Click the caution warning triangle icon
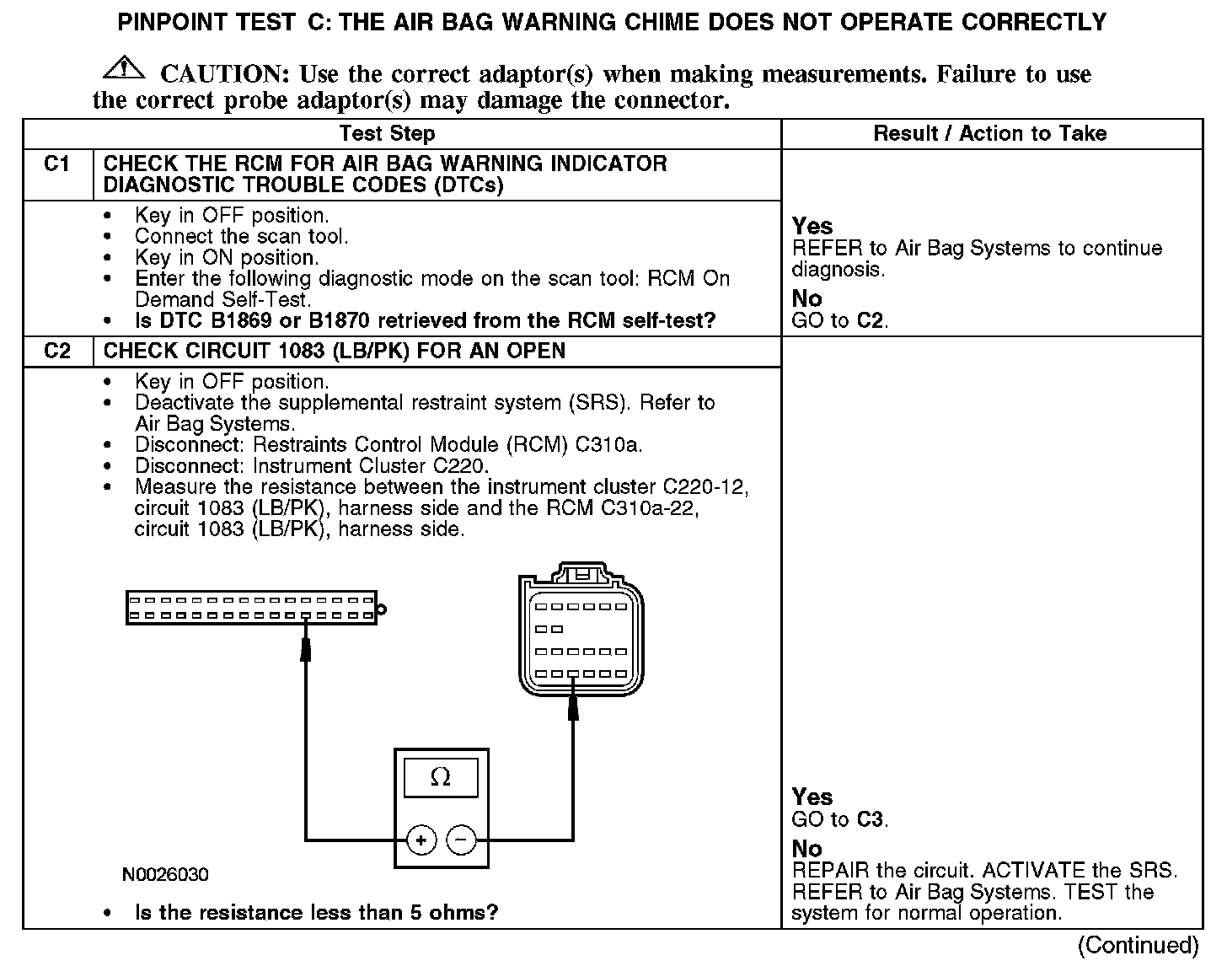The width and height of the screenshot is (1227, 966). pyautogui.click(x=124, y=67)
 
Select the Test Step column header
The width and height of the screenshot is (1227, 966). pyautogui.click(x=387, y=134)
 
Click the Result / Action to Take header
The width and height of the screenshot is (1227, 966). pyautogui.click(x=990, y=133)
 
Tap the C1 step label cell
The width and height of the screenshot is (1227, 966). pyautogui.click(x=56, y=164)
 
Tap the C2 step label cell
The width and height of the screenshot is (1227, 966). pyautogui.click(x=56, y=351)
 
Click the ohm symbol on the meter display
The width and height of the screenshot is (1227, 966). pyautogui.click(x=440, y=776)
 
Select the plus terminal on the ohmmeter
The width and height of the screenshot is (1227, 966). pyautogui.click(x=421, y=840)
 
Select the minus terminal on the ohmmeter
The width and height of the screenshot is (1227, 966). pyautogui.click(x=460, y=840)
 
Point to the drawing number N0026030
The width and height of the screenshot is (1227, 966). pyautogui.click(x=165, y=874)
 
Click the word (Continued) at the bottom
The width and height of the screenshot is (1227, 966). pyautogui.click(x=1138, y=945)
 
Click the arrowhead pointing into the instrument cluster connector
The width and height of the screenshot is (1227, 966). pyautogui.click(x=306, y=647)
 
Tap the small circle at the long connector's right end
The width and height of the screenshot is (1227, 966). pyautogui.click(x=382, y=608)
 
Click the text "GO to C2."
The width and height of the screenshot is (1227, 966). pyautogui.click(x=840, y=320)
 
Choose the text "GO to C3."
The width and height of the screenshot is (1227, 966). pyautogui.click(x=840, y=819)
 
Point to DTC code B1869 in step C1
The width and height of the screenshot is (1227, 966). pyautogui.click(x=230, y=321)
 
